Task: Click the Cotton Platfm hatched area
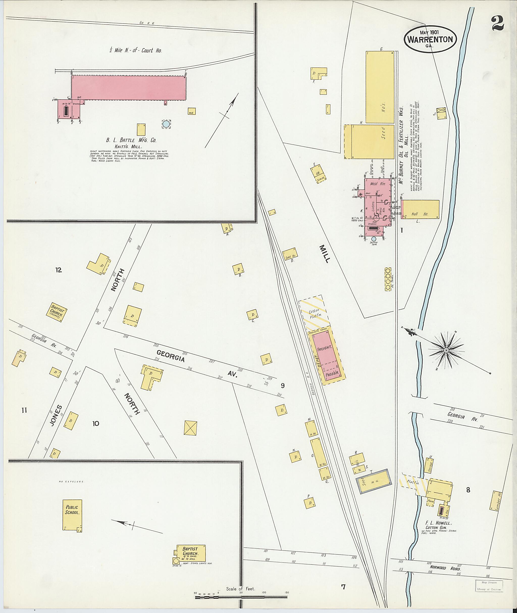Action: point(314,313)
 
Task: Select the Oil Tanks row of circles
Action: point(388,279)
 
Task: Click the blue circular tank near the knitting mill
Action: point(166,124)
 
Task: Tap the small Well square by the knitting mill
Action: point(191,111)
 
